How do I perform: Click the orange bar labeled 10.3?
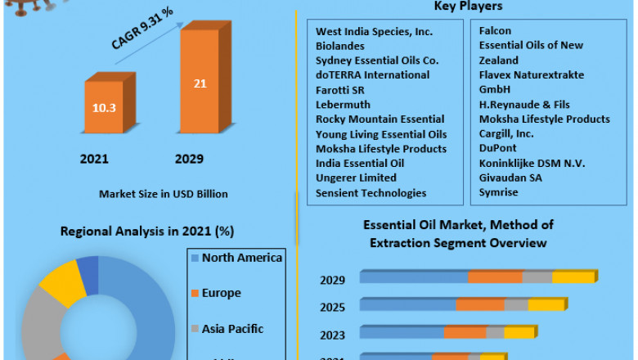tap(104, 107)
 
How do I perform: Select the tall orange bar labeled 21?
tap(200, 83)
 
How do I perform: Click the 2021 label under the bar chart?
tap(94, 159)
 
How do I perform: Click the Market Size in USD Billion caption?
tap(164, 194)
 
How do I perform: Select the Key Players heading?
tap(468, 7)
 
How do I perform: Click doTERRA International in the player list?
tap(372, 75)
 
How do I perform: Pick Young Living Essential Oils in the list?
tap(381, 134)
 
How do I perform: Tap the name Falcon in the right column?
tap(495, 31)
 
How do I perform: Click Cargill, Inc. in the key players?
tap(506, 134)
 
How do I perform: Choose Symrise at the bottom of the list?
tap(498, 193)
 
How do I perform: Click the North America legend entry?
tap(242, 259)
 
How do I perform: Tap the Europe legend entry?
tap(221, 293)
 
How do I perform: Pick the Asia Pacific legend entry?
tap(232, 329)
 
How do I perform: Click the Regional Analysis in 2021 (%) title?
tap(147, 232)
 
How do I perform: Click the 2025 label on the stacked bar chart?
tap(332, 307)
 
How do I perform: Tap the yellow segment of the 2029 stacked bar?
tap(573, 277)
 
